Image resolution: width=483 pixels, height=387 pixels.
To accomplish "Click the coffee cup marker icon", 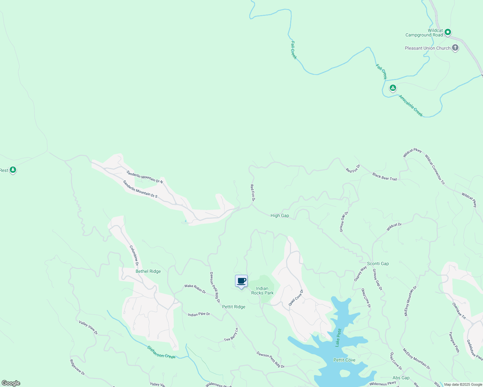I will [x=241, y=281].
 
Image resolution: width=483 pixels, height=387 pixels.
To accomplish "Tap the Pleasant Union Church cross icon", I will [x=455, y=48].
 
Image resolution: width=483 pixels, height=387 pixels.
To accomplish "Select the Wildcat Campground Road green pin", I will [x=447, y=32].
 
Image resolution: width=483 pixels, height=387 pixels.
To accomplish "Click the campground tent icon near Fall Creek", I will [x=393, y=88].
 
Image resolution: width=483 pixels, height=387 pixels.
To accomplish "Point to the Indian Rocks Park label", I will [x=262, y=291].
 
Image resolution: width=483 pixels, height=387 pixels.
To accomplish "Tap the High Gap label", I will [x=280, y=215].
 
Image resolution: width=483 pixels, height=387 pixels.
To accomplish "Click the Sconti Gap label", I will [x=378, y=263].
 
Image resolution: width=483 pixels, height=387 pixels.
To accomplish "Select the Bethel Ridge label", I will [x=148, y=271].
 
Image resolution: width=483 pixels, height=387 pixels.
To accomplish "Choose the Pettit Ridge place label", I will [x=234, y=307].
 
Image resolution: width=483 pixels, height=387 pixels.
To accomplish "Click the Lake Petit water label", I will [x=338, y=337].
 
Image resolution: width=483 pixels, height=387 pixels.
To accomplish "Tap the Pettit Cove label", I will [x=344, y=360].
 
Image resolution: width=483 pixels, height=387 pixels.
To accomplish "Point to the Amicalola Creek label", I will [x=410, y=106].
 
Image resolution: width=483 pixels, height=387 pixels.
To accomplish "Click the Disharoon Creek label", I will [x=161, y=352].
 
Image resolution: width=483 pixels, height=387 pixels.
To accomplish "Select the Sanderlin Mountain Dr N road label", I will [x=145, y=177].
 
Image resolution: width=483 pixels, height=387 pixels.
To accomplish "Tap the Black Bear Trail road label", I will [x=385, y=177].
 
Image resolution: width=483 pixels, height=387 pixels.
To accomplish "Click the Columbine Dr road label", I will [x=134, y=255].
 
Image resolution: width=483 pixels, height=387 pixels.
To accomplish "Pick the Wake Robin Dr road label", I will [x=195, y=288].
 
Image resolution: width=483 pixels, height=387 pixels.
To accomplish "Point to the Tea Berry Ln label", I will [x=231, y=335].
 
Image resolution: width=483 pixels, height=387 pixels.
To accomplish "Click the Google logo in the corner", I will [x=11, y=383].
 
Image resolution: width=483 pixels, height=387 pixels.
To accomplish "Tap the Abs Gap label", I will [x=401, y=378].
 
